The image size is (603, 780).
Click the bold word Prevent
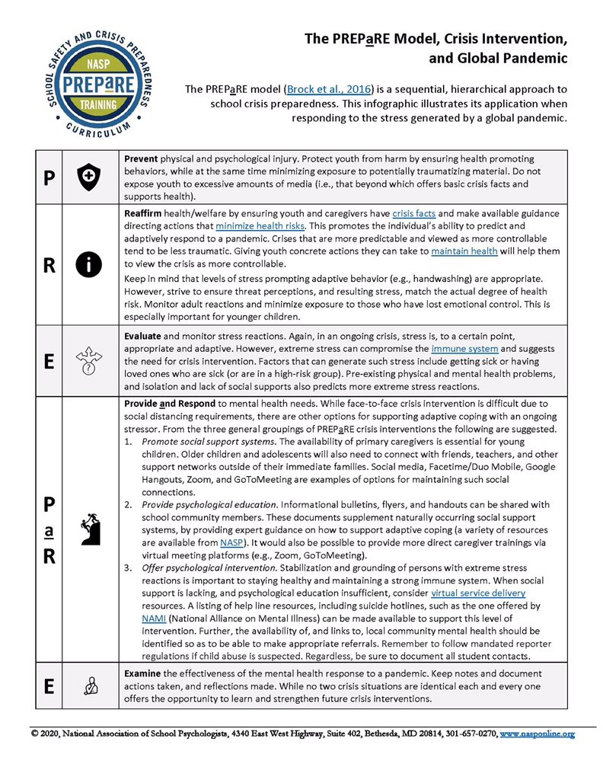point(141,157)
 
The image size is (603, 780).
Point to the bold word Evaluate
point(142,337)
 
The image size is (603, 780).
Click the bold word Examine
point(142,674)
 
